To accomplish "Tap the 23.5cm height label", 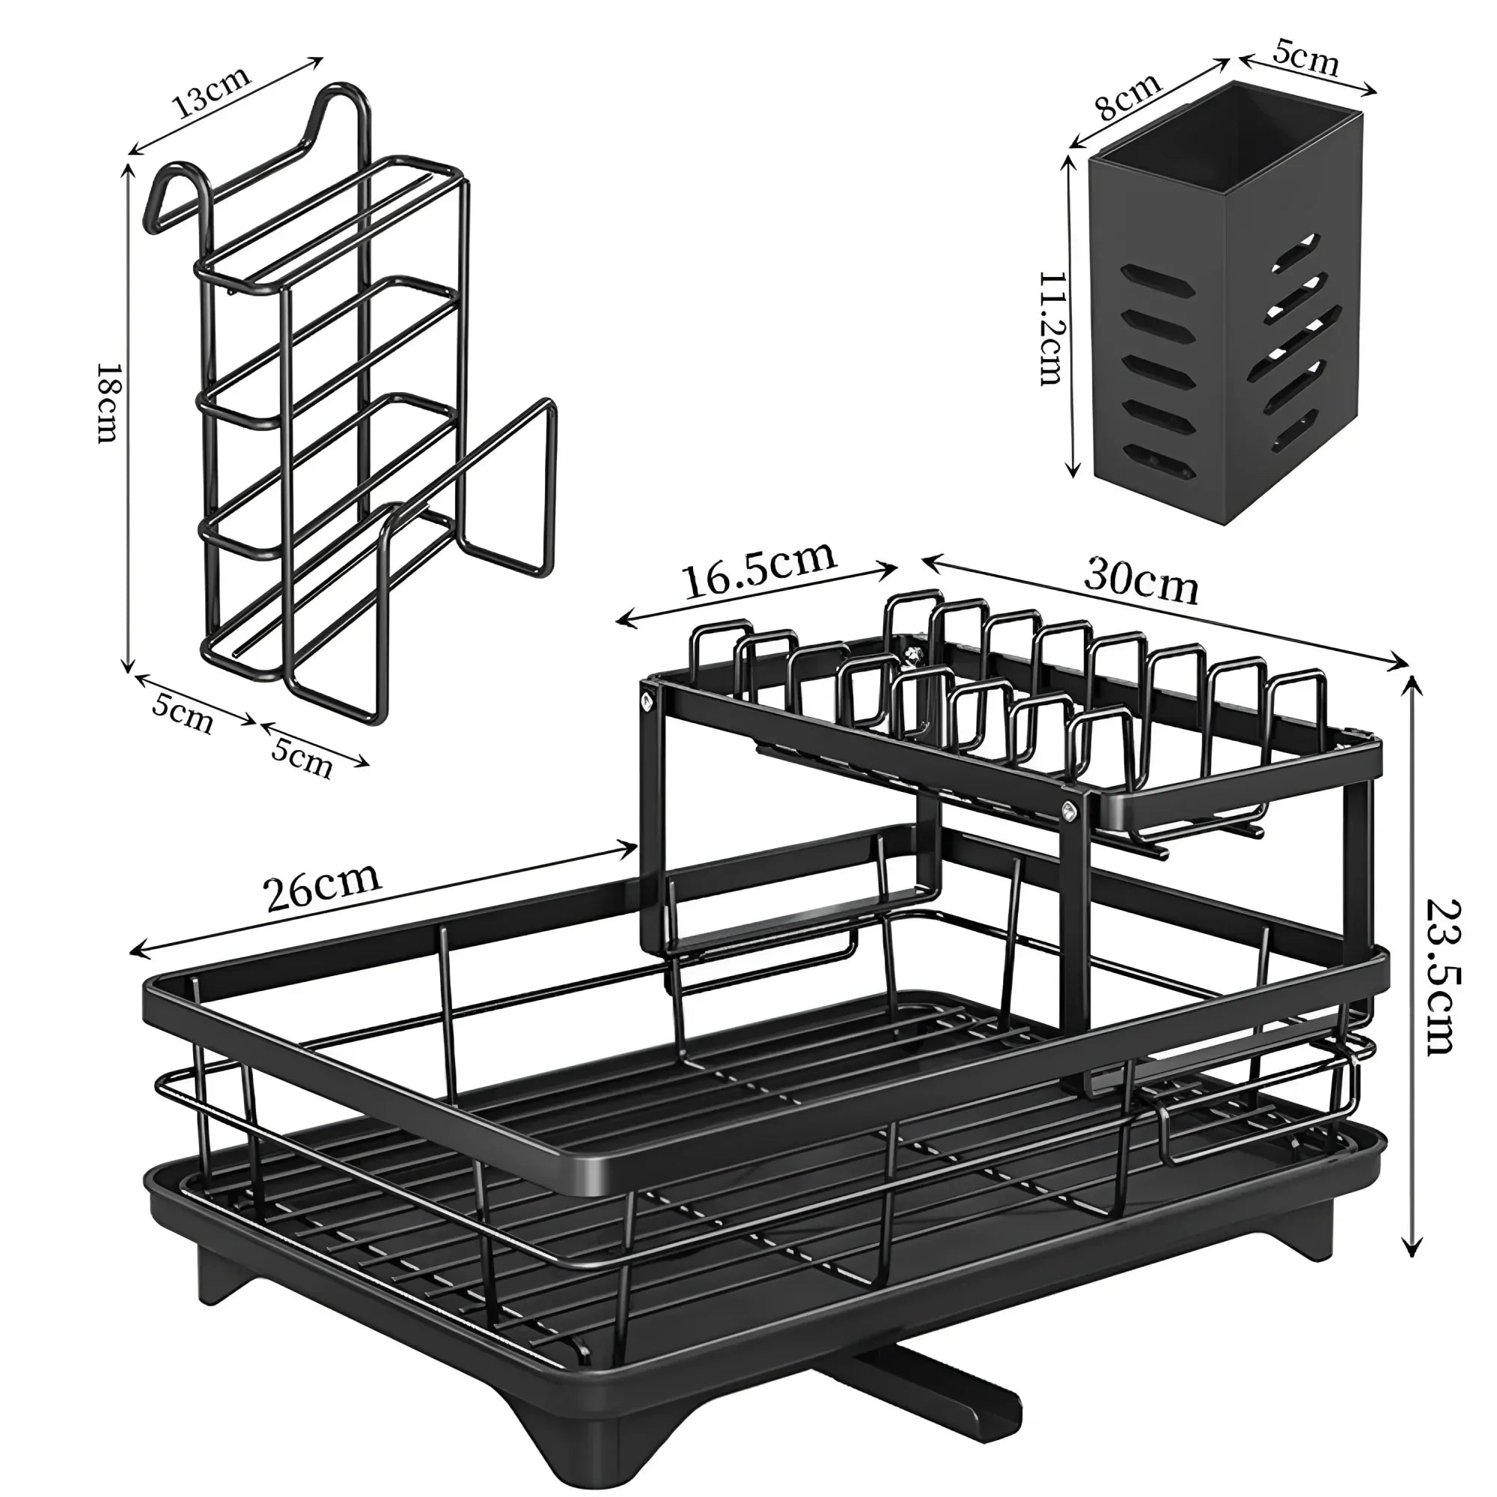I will point(1443,977).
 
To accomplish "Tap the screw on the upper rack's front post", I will point(1070,812).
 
